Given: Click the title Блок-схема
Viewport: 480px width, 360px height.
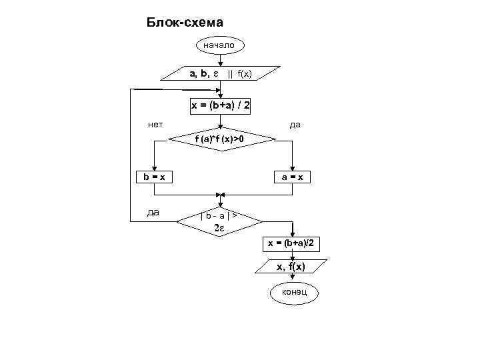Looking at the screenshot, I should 185,23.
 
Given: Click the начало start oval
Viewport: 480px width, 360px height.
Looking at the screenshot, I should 219,45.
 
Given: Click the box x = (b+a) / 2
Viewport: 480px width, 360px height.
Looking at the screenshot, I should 221,106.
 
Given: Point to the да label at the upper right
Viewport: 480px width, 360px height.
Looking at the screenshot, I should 294,125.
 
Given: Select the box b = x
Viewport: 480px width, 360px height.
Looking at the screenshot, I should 154,177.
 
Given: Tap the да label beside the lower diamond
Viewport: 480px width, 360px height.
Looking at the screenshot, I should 153,213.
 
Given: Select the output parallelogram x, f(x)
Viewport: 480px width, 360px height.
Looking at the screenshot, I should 291,267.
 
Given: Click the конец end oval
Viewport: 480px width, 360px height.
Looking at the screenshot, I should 293,292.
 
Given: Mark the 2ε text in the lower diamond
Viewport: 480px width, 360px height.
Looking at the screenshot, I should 219,229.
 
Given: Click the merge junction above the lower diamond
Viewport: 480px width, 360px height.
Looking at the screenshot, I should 221,197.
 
